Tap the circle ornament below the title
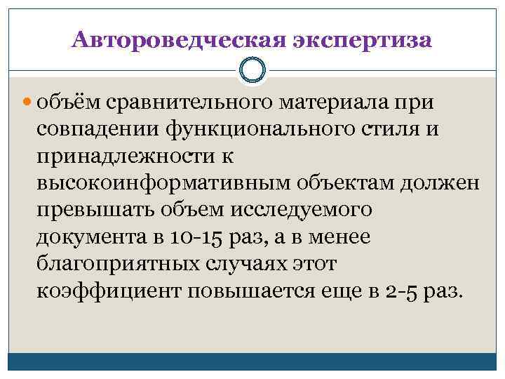point(252,69)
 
